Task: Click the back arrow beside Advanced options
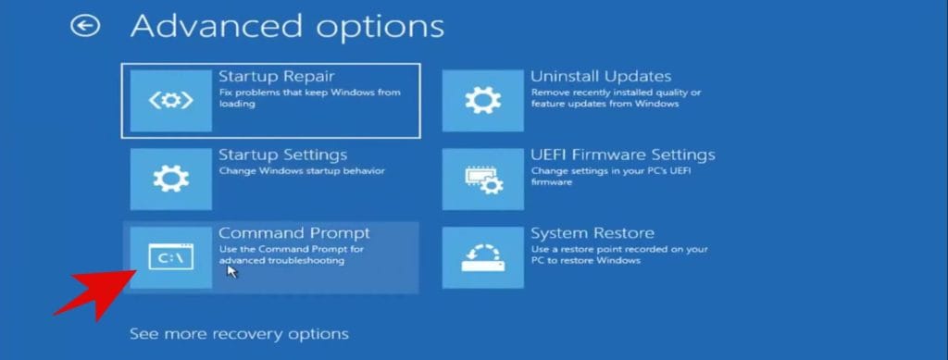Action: pos(85,26)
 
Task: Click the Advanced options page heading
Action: pos(287,26)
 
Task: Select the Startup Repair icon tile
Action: pos(170,100)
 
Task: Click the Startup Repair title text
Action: pos(276,76)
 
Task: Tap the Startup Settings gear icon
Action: pos(170,179)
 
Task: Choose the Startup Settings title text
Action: pos(282,155)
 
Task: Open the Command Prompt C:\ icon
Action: pos(170,257)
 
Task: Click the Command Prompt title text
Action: pos(293,233)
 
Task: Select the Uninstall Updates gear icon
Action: pos(482,100)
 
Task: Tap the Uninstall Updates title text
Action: pos(601,76)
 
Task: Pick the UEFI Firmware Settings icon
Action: pos(482,179)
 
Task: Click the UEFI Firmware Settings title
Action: pos(622,155)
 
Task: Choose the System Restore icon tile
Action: pos(482,257)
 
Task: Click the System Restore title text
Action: pos(592,233)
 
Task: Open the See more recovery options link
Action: pos(239,333)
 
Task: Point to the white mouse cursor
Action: pos(231,273)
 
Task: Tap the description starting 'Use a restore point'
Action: pos(618,254)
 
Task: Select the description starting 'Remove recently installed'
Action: pos(616,97)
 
